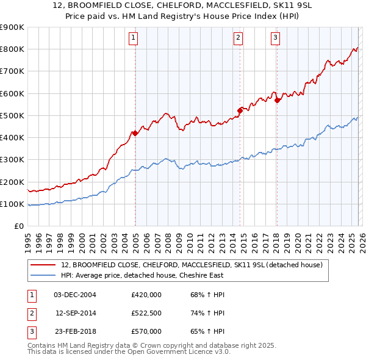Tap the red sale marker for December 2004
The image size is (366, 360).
pos(134,133)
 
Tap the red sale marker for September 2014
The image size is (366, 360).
pos(240,110)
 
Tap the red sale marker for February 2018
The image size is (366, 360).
pos(277,100)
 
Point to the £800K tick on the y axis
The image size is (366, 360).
pos(12,49)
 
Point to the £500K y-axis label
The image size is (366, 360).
pos(12,116)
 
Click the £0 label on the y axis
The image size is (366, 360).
pos(18,226)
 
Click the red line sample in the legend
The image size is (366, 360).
pos(43,265)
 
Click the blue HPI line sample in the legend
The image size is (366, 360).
pos(43,275)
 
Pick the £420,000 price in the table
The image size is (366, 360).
pos(146,295)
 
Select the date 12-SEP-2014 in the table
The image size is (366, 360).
pos(76,313)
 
